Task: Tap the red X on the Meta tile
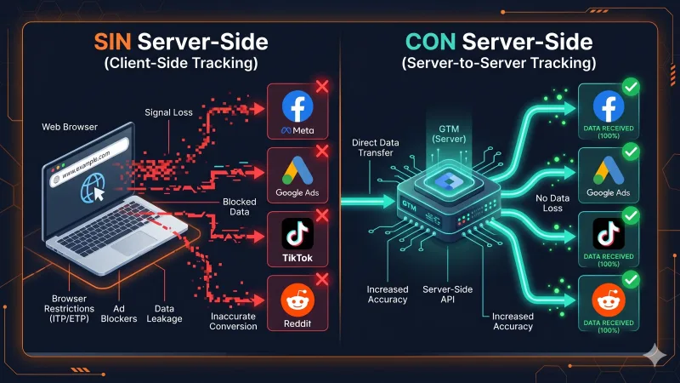pyautogui.click(x=322, y=88)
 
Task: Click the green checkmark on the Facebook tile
pyautogui.click(x=630, y=87)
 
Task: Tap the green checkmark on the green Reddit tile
pyautogui.click(x=630, y=279)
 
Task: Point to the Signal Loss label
pyautogui.click(x=195, y=110)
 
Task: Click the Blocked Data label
pyautogui.click(x=241, y=207)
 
